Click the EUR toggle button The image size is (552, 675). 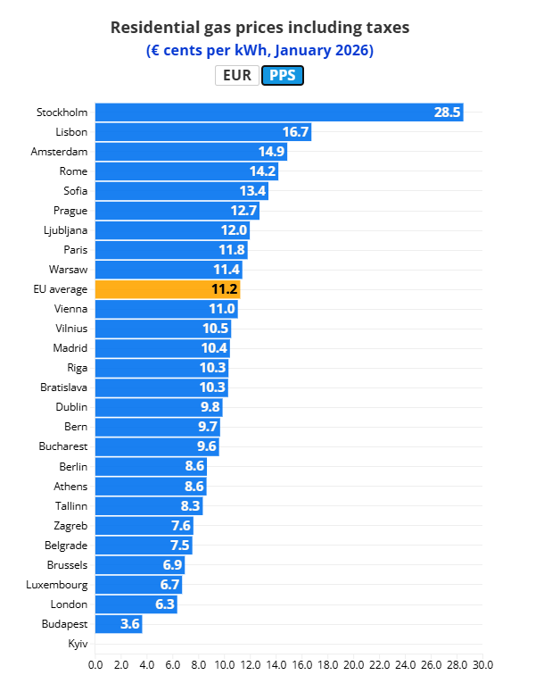pos(237,76)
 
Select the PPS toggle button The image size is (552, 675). pos(283,76)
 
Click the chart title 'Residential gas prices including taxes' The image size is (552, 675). pos(260,28)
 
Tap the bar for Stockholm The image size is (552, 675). pos(278,112)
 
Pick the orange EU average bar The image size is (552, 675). pos(168,289)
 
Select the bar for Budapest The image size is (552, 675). pos(118,624)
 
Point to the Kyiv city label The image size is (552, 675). pos(78,644)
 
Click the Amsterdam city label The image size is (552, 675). pos(59,152)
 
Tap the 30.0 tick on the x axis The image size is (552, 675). pos(482,665)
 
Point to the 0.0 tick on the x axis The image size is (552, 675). pos(95,665)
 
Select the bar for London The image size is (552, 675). pos(135,604)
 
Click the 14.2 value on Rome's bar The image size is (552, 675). pos(263,171)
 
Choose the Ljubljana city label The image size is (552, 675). pos(65,230)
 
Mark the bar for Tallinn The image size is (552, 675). pos(148,506)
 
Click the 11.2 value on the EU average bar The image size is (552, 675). pos(225,289)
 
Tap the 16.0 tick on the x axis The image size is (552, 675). pos(301,665)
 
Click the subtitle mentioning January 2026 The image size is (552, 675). pos(260,51)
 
